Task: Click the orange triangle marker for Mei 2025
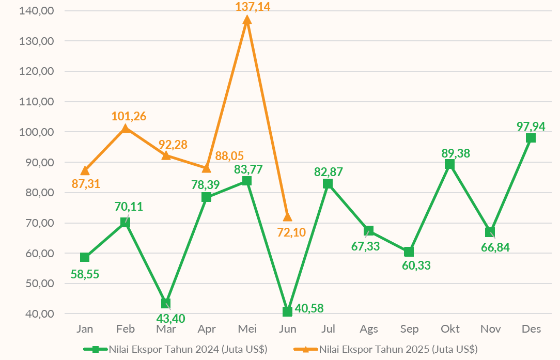[x=247, y=20]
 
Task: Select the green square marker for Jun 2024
[x=287, y=311]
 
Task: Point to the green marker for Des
[x=531, y=138]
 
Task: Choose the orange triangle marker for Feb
[x=126, y=128]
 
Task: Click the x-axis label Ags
[x=369, y=329]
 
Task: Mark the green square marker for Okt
[x=449, y=164]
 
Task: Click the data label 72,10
[x=291, y=232]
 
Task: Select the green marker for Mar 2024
[x=166, y=303]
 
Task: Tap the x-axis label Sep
[x=410, y=329]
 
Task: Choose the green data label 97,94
[x=531, y=126]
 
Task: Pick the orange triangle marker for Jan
[x=85, y=170]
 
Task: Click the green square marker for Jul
[x=328, y=184]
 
